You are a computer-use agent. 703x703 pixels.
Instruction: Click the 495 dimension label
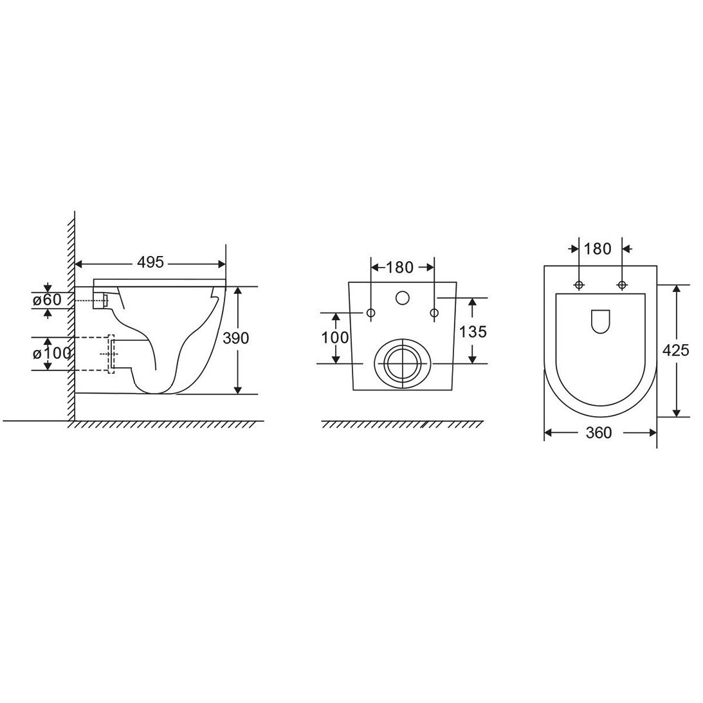(151, 262)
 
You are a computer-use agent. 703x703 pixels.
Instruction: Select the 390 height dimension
(235, 338)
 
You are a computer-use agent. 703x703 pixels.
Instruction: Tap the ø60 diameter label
(46, 300)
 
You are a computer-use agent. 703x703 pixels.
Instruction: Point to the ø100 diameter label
(51, 353)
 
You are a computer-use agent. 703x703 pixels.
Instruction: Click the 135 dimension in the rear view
(473, 332)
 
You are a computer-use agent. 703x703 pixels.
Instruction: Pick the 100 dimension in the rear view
(335, 337)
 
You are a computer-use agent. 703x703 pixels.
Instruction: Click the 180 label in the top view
(598, 248)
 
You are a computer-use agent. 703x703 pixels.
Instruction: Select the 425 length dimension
(675, 350)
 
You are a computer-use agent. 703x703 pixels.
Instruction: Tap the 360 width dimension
(599, 433)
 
